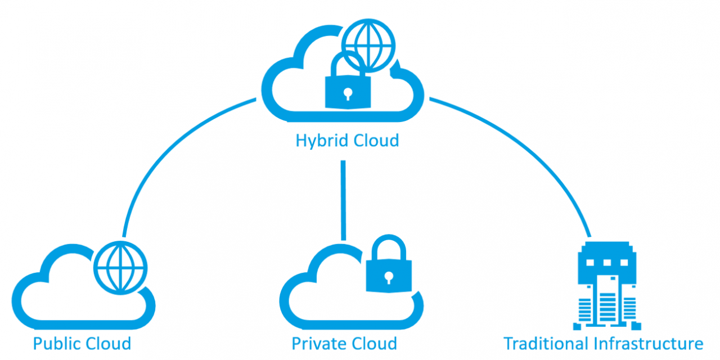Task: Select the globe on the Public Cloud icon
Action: (120, 264)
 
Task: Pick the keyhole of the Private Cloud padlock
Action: (388, 277)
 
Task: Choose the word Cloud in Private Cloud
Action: (372, 343)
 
